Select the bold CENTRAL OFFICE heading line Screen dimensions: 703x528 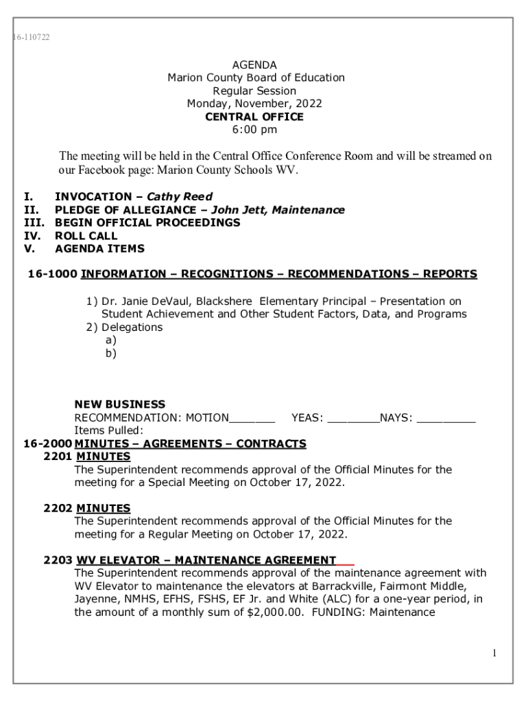coord(254,117)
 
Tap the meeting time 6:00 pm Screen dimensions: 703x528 coord(254,130)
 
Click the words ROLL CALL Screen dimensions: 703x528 coord(86,236)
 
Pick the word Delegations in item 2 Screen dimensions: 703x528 coord(132,327)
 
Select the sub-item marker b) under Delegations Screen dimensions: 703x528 coord(110,354)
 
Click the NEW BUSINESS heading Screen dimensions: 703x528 coord(119,405)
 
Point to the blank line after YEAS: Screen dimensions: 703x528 coord(354,418)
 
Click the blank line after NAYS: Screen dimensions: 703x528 coord(446,418)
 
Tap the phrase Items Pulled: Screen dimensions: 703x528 coord(108,431)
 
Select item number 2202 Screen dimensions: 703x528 coord(58,509)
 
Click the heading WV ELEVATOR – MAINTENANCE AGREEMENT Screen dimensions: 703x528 coord(206,560)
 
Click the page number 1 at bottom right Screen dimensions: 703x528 coord(494,654)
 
